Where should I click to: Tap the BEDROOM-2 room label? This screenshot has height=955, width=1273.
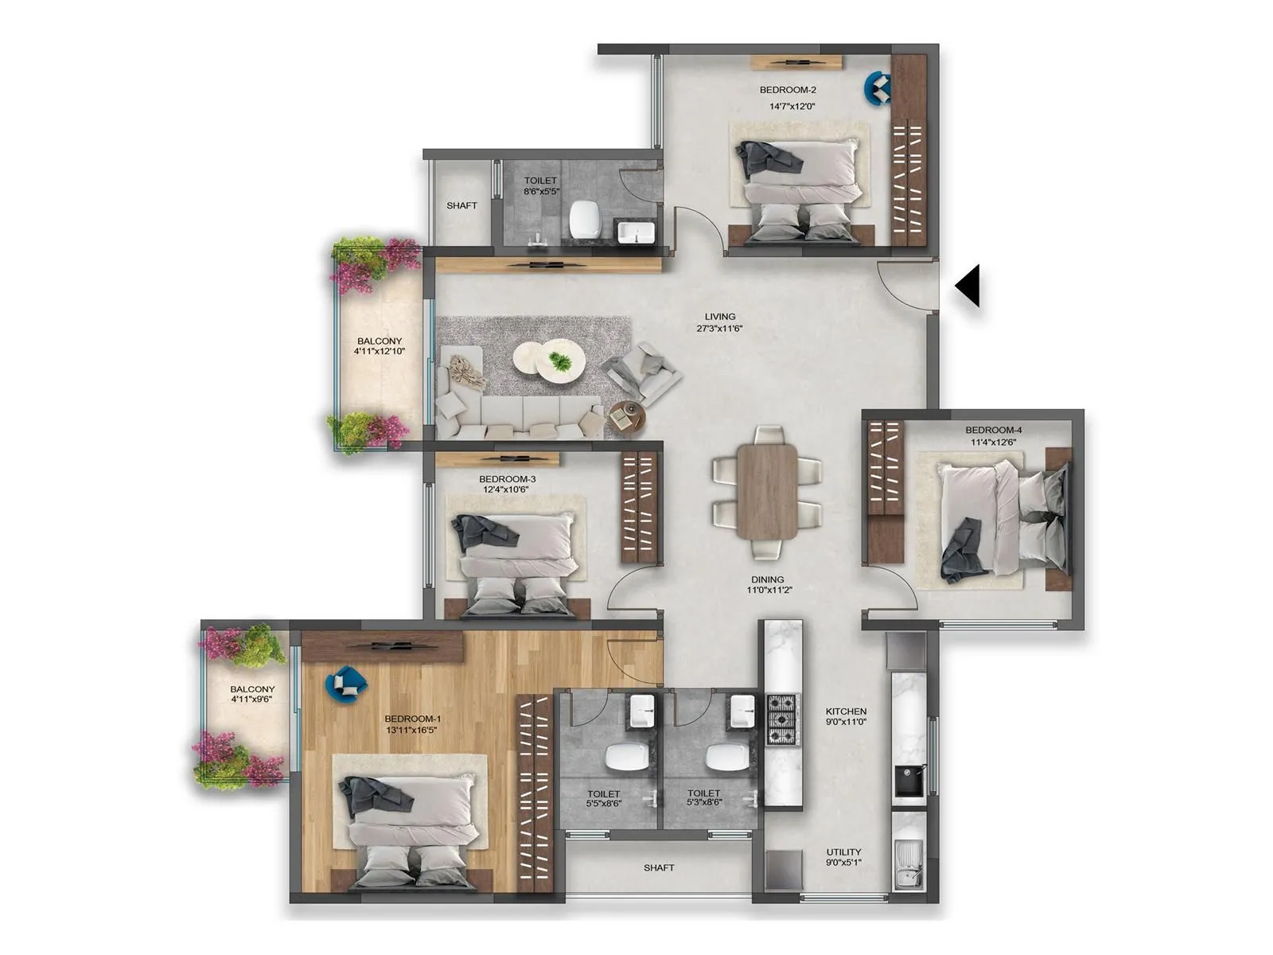click(788, 90)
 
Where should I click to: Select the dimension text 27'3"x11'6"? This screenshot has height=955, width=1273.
click(719, 328)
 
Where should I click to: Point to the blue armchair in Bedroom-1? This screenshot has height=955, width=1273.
click(345, 684)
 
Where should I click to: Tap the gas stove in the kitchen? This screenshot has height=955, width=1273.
click(781, 719)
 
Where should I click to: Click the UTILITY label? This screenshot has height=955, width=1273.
click(843, 852)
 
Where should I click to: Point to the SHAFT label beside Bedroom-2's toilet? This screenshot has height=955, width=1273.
click(461, 205)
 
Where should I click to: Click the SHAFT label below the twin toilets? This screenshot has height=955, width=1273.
click(659, 867)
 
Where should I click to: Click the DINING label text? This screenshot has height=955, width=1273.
click(767, 579)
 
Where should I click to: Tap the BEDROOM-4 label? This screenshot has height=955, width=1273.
click(993, 431)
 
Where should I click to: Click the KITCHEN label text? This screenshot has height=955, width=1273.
click(846, 711)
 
